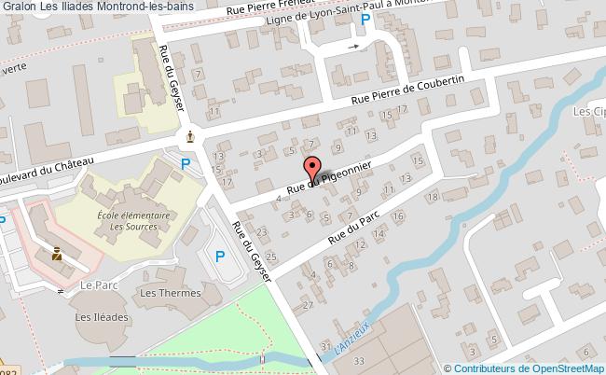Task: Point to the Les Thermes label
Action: pyautogui.click(x=169, y=293)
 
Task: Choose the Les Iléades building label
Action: pyautogui.click(x=97, y=317)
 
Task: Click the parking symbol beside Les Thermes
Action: pyautogui.click(x=220, y=257)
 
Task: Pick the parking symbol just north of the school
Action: pyautogui.click(x=186, y=165)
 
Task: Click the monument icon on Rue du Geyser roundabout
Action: pyautogui.click(x=191, y=137)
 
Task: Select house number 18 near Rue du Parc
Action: pyautogui.click(x=432, y=196)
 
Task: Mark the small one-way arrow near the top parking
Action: pyautogui.click(x=351, y=44)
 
